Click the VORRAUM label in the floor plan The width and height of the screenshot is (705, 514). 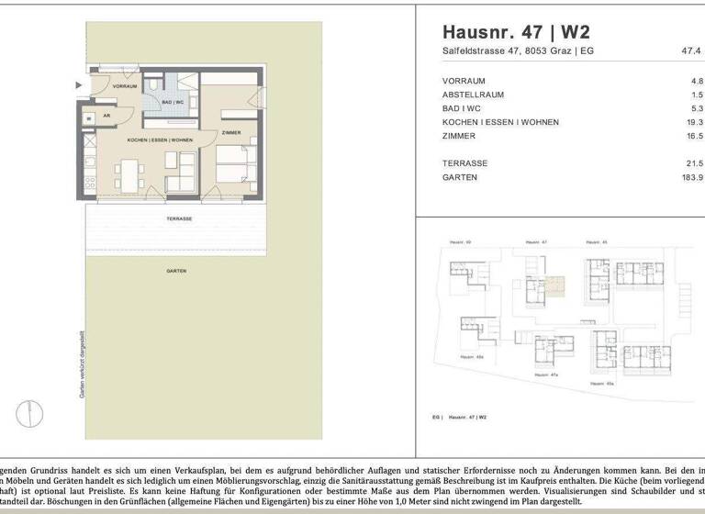point(125,85)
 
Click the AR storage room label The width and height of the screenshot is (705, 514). point(106,116)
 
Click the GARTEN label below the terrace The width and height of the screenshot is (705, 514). point(177,271)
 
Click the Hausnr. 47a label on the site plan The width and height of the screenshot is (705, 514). point(548,374)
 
